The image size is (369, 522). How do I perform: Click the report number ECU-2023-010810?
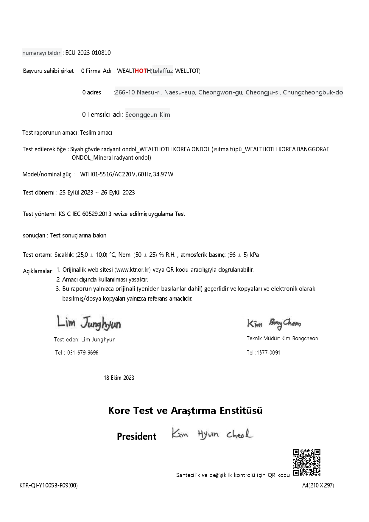point(88,53)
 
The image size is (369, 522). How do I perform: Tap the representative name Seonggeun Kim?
point(148,115)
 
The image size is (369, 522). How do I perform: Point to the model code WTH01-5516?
point(96,175)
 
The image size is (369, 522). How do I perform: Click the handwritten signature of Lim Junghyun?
point(89,323)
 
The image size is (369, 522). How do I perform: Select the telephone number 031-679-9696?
point(82,353)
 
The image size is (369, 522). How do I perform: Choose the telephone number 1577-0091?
point(268,353)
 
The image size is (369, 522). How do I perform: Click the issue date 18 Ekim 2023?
point(119,378)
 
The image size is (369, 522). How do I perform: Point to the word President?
point(136,436)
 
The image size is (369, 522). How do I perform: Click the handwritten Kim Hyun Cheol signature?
point(212,434)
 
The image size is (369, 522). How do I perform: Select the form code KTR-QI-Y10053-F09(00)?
point(49,486)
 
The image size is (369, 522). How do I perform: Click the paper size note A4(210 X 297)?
point(318,486)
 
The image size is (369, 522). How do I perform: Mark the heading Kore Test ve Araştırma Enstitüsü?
point(185,411)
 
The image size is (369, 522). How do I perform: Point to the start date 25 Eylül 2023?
point(76,193)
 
